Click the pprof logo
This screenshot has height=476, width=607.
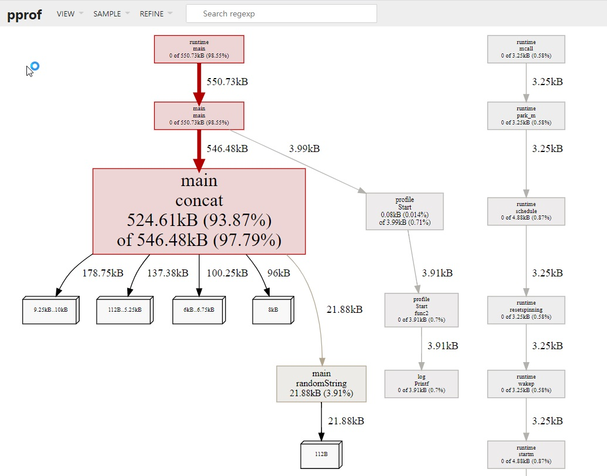25,14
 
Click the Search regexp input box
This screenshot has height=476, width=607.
282,13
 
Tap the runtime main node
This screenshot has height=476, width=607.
199,49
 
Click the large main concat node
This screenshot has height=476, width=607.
199,211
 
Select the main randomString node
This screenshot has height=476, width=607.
321,384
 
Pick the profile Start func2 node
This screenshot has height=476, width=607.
422,310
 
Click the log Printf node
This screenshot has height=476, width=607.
422,384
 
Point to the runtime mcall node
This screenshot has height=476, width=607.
526,49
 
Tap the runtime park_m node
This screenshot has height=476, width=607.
526,116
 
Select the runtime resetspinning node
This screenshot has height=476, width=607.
526,310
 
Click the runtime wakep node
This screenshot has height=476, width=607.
526,384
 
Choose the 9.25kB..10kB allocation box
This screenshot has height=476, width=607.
50,310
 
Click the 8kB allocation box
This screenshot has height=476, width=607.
273,310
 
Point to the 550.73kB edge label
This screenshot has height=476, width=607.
227,82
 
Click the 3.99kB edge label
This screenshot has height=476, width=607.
304,148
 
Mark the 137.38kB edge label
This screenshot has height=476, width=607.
168,273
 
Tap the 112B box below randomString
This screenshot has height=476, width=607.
321,454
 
